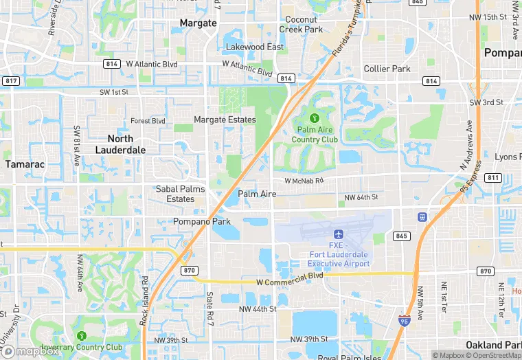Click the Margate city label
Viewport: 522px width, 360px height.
click(x=198, y=23)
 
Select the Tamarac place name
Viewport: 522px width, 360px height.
click(x=25, y=164)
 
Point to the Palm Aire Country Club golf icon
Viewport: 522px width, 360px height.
click(x=315, y=119)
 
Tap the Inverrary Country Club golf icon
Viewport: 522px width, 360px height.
click(x=82, y=336)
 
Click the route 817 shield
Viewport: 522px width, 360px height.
click(x=10, y=81)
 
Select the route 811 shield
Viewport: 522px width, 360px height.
click(x=492, y=177)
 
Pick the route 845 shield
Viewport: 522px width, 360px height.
click(x=402, y=236)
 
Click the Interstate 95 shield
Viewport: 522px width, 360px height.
click(x=405, y=319)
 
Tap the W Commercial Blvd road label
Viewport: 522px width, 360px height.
click(x=289, y=282)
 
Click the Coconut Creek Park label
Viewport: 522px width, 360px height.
click(x=301, y=25)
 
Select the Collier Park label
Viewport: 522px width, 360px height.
click(x=387, y=69)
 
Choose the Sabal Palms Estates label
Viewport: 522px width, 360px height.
click(x=181, y=194)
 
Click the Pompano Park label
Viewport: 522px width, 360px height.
click(x=202, y=221)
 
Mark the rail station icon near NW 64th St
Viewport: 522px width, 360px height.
click(x=421, y=217)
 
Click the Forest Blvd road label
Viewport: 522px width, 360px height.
click(x=148, y=121)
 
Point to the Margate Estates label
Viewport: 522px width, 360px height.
click(x=225, y=120)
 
